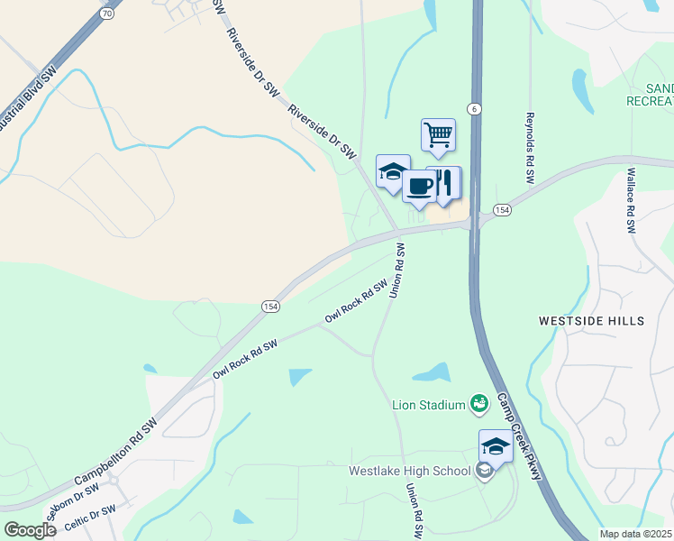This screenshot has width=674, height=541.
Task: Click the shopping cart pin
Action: [x=438, y=135]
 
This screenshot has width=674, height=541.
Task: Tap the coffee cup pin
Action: [x=419, y=186]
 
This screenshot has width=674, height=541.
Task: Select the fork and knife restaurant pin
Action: [x=444, y=182]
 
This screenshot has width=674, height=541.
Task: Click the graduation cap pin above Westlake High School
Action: [x=496, y=446]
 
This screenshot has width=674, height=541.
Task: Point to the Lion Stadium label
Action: [x=427, y=405]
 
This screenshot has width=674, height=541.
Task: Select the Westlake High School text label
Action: [x=410, y=471]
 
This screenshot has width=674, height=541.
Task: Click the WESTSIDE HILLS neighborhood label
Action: [x=591, y=321]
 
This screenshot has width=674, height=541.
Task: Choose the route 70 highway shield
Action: [x=107, y=14]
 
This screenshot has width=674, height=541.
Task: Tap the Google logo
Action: [x=31, y=529]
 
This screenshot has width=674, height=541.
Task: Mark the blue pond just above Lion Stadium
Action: [x=432, y=372]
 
